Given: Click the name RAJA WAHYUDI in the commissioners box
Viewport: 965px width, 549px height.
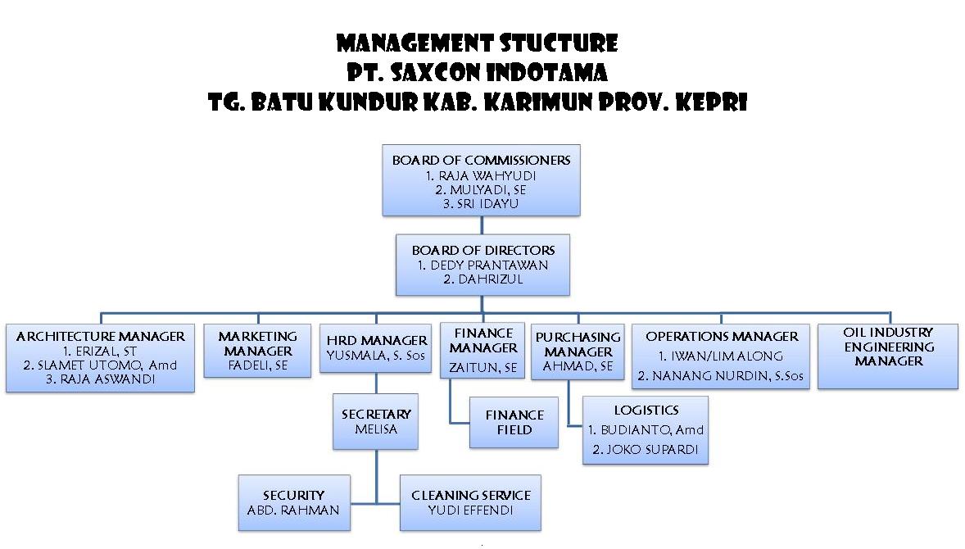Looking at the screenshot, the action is click(x=487, y=175).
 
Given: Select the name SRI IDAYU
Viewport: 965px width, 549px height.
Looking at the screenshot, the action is click(x=487, y=204).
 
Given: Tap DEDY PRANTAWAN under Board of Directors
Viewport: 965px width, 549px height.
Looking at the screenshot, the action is click(x=489, y=265).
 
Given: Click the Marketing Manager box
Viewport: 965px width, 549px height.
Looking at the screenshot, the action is click(x=257, y=351).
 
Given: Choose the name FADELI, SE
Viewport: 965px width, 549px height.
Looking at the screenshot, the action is click(x=258, y=365).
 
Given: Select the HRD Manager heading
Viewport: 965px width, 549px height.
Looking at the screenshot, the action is click(x=377, y=340).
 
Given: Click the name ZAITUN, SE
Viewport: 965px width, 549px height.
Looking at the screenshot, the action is click(x=483, y=368).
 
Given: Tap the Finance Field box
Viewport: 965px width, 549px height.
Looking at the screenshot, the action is click(x=514, y=422).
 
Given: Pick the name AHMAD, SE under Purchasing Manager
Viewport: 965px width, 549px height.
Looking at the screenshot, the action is click(x=578, y=366).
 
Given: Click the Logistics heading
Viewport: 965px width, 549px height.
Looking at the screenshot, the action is click(x=646, y=411).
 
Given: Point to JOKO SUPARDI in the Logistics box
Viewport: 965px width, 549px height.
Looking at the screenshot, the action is click(x=652, y=450).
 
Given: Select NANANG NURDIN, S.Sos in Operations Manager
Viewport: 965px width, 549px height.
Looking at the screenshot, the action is click(x=728, y=376).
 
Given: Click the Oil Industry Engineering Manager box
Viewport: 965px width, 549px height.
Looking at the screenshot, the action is click(x=888, y=356).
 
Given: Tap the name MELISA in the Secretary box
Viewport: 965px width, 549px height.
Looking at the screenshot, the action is click(x=376, y=429).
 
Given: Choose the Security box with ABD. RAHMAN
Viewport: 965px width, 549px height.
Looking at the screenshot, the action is click(x=294, y=502).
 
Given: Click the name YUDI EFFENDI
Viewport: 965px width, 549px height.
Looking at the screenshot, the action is click(x=471, y=510).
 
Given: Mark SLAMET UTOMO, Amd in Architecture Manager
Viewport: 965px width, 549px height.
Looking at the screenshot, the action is click(x=107, y=365).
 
